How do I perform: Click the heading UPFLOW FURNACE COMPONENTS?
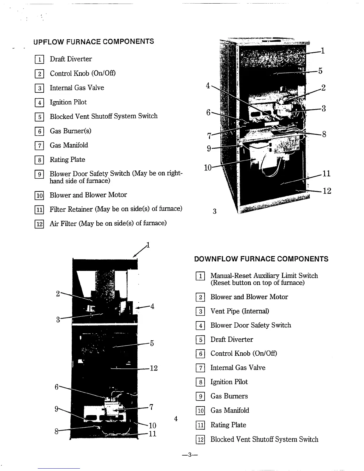click(94, 42)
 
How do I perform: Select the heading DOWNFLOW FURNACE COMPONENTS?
click(261, 259)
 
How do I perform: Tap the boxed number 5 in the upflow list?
click(39, 117)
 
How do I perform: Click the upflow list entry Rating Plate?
click(67, 160)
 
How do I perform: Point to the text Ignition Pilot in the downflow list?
click(229, 382)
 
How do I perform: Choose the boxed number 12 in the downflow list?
click(200, 439)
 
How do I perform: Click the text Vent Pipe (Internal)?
click(239, 311)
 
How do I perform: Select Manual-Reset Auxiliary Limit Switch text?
click(264, 276)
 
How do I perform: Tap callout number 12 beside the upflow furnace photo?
click(327, 191)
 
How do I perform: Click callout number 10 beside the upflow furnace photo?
click(208, 168)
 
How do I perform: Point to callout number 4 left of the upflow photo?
click(208, 86)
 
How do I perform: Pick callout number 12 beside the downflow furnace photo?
click(153, 368)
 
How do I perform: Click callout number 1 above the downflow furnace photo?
click(148, 245)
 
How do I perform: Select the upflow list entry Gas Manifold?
click(69, 145)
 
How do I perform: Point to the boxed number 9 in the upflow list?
click(39, 174)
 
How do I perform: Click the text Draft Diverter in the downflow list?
click(232, 340)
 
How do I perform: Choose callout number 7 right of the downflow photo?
click(151, 407)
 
